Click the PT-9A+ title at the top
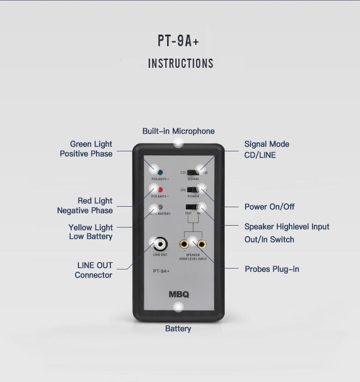(x=179, y=41)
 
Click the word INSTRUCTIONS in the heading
(x=180, y=64)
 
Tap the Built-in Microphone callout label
(x=178, y=131)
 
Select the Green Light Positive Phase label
(x=86, y=149)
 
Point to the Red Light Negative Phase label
(x=85, y=206)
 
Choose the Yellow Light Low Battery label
(x=91, y=232)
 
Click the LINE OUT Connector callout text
(x=94, y=270)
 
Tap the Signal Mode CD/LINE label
(x=267, y=149)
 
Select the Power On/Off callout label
(x=270, y=207)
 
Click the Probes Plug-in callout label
(x=272, y=269)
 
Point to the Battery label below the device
(x=178, y=328)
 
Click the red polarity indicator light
(x=160, y=190)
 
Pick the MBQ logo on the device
(x=179, y=294)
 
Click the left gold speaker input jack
(x=184, y=244)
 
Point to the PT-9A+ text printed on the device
(x=161, y=271)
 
